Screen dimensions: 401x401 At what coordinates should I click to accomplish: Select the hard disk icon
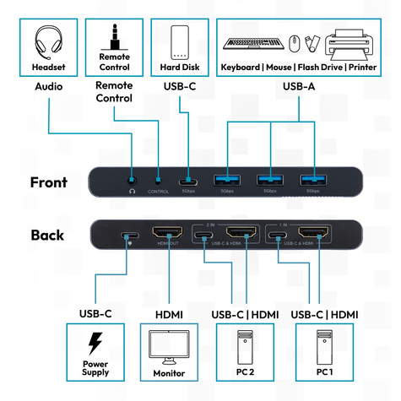[x=179, y=42]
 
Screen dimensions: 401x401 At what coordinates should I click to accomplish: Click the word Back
[x=48, y=235]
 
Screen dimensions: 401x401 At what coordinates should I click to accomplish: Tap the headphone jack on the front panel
[x=132, y=179]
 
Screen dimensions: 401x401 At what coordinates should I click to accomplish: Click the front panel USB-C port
[x=187, y=179]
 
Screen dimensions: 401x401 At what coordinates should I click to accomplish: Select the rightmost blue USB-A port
[x=312, y=179]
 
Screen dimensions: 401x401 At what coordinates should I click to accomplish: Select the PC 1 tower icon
[x=324, y=347]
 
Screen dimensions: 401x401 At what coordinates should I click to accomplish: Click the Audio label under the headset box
[x=48, y=86]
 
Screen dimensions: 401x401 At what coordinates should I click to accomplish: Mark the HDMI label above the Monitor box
[x=169, y=314]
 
